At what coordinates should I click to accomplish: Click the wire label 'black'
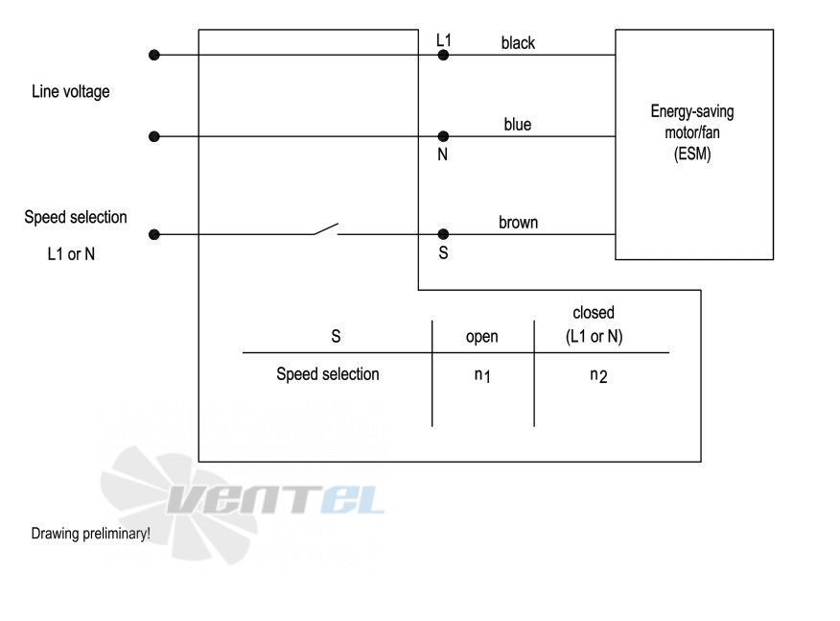pos(518,43)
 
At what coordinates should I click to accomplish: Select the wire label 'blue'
pos(518,125)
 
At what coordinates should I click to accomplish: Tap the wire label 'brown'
pos(518,222)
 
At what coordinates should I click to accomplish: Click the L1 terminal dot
pos(443,55)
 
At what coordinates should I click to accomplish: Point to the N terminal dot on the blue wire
pos(443,136)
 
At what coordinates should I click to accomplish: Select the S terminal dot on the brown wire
pos(443,234)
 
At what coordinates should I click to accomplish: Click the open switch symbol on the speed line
pos(326,229)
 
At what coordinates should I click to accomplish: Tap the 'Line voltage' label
pos(71,92)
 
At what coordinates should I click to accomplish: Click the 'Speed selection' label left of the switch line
pos(76,217)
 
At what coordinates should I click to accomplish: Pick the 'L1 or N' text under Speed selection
pos(71,253)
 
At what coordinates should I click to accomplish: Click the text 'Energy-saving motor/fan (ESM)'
pos(692,132)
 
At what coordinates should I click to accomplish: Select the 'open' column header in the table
pos(481,337)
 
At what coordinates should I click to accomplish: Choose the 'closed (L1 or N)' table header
pos(595,324)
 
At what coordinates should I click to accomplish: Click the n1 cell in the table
pos(482,375)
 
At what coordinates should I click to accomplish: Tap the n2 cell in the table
pos(598,375)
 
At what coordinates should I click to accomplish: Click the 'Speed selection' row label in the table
pos(328,373)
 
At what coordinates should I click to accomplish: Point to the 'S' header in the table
pos(336,336)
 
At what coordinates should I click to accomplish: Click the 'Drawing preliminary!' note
pos(90,534)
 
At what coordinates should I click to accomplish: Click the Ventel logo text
pos(275,500)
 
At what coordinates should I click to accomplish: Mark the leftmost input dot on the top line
pos(154,55)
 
